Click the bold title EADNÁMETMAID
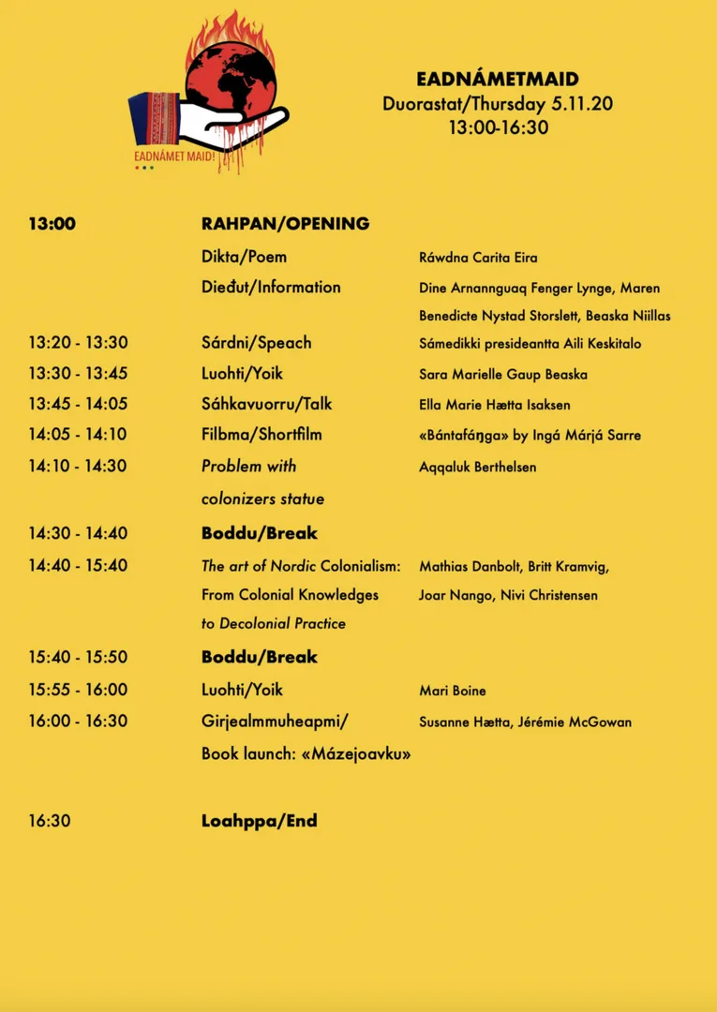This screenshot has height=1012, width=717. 498,80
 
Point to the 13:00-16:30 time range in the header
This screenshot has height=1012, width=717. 498,127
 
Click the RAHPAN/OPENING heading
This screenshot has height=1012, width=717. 285,224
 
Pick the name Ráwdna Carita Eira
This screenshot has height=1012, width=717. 478,258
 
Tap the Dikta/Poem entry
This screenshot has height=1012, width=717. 244,257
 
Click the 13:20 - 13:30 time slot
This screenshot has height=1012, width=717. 78,343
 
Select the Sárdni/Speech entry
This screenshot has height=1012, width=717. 256,343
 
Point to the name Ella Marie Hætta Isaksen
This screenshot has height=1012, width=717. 494,405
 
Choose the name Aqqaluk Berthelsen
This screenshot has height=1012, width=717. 477,467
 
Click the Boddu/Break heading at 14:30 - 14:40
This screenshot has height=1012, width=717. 260,533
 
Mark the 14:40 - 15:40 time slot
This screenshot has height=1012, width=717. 78,566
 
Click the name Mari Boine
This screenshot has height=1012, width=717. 453,691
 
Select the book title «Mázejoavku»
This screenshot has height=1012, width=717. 356,753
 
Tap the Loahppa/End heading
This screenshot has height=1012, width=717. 260,821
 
